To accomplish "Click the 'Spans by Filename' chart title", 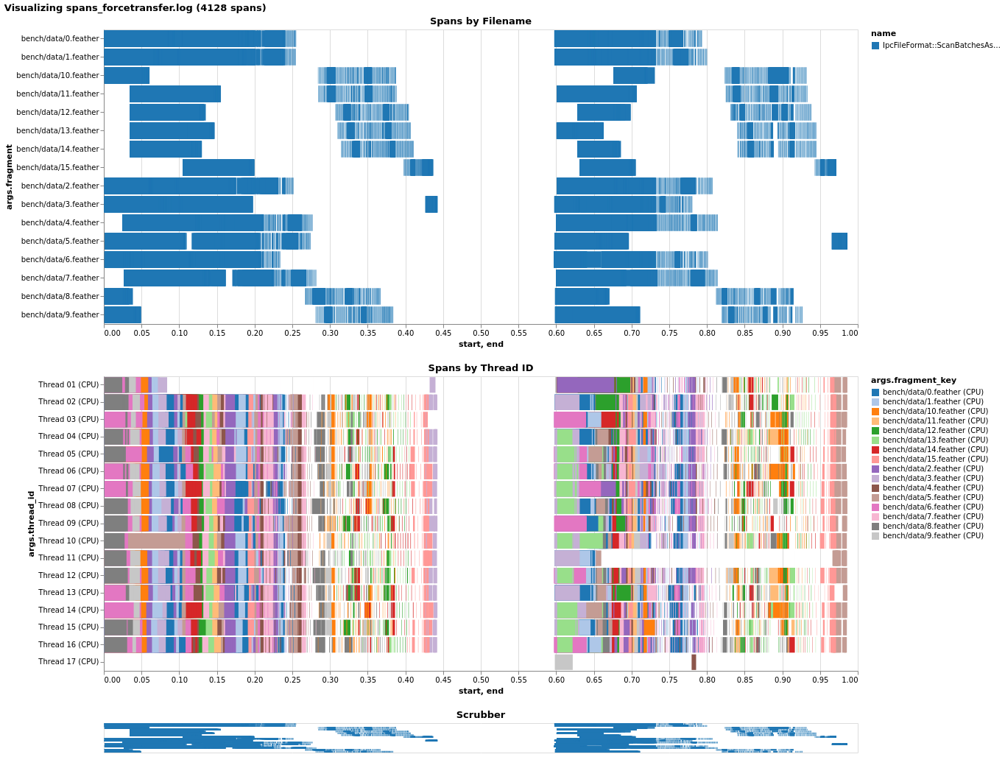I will tap(480, 21).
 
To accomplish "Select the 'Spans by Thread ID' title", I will tap(480, 368).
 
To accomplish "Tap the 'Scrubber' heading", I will tap(480, 715).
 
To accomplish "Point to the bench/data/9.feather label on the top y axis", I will tap(60, 315).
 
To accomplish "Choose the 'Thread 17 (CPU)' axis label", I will tap(68, 662).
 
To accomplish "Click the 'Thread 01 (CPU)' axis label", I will tap(68, 385).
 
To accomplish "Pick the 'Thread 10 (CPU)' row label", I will tap(68, 541).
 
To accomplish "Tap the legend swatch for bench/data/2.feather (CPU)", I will tap(875, 469).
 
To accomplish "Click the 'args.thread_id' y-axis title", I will tap(32, 524).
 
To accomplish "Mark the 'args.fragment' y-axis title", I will tap(10, 177).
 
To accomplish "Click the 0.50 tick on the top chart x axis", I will tap(481, 334).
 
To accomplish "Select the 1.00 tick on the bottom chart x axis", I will tap(849, 680).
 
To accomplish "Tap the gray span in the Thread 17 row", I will tap(564, 662).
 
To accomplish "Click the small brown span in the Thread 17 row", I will tap(694, 662).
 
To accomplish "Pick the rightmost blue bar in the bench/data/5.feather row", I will tap(839, 242).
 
